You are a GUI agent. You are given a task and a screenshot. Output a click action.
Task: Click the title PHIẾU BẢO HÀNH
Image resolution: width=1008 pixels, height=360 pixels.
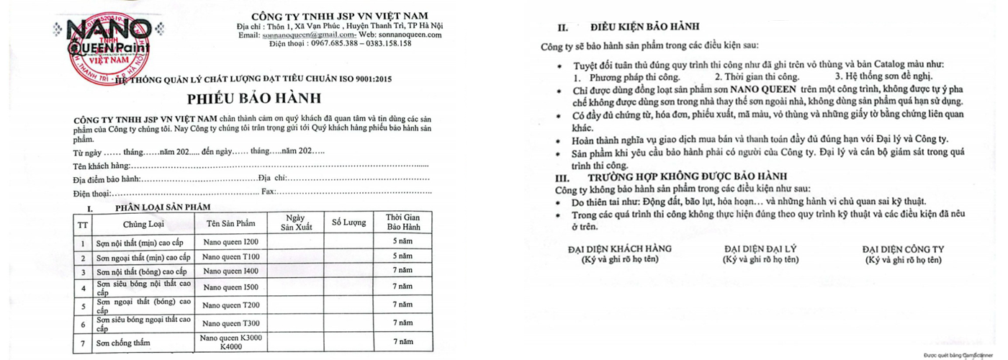pos(254,98)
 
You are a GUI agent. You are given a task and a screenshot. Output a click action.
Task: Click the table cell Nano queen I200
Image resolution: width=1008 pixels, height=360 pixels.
pos(230,242)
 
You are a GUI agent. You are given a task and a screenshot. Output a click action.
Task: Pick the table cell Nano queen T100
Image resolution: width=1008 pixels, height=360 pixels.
pos(230,256)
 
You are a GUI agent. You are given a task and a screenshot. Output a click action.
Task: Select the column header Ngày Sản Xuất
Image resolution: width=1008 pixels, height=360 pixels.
pos(294,222)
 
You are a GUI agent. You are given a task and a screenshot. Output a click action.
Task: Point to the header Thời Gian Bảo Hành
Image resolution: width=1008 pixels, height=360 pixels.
pos(402,222)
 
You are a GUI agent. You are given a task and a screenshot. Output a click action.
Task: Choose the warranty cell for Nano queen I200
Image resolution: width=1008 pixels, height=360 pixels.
pos(402,241)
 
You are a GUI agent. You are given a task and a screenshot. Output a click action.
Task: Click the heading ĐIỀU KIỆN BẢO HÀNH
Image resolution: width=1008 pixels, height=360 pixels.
pos(644,27)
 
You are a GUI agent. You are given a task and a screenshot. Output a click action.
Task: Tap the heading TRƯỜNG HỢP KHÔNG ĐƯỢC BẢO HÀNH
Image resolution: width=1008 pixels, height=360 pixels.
pos(687,176)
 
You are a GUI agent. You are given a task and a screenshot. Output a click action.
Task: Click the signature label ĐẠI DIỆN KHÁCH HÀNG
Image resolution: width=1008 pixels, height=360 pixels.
pos(619,249)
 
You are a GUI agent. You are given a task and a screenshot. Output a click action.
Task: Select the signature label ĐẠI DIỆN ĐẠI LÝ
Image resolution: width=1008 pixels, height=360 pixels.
pos(760,249)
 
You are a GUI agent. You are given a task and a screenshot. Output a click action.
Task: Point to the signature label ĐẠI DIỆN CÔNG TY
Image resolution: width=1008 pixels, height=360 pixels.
pos(903,249)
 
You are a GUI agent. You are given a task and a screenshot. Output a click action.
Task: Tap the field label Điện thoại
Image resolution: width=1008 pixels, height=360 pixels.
pos(92,193)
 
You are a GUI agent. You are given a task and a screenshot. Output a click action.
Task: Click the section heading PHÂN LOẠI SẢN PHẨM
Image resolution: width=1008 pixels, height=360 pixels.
pos(163,207)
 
